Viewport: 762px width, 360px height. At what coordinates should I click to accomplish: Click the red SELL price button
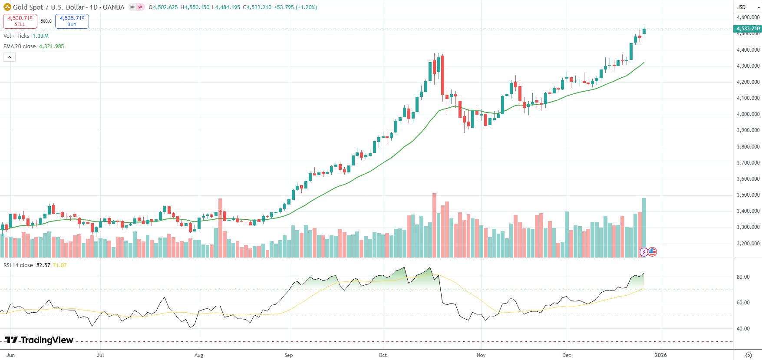click(x=20, y=21)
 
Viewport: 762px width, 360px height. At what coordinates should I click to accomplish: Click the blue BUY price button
click(x=72, y=21)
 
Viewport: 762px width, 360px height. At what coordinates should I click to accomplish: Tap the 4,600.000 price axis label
click(x=748, y=17)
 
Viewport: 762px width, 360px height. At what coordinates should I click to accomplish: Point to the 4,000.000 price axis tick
click(x=748, y=114)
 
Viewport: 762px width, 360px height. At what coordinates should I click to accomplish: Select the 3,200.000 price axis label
click(x=748, y=243)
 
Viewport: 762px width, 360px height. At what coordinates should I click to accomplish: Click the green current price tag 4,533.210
click(x=748, y=29)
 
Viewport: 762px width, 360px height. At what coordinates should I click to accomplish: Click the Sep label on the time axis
click(x=288, y=355)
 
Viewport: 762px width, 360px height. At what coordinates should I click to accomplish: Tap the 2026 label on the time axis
click(x=660, y=355)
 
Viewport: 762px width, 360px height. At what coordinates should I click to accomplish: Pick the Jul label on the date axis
click(x=100, y=355)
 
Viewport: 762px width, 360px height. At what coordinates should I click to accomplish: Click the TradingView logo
click(x=39, y=340)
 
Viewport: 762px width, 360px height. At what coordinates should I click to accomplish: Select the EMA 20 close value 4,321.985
click(x=51, y=46)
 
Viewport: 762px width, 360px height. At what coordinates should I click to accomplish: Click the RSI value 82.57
click(x=43, y=265)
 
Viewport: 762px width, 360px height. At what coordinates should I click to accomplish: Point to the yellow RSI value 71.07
click(x=60, y=265)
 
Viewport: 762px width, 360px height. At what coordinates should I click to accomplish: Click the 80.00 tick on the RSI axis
click(x=743, y=277)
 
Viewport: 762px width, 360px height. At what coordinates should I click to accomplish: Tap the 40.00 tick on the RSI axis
click(x=743, y=329)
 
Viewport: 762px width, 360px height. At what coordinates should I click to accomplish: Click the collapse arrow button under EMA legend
click(x=9, y=57)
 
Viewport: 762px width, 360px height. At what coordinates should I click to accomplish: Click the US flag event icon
click(x=652, y=252)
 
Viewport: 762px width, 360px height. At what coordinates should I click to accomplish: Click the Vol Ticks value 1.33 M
click(x=40, y=36)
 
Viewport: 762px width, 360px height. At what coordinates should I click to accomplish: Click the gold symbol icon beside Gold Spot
click(x=7, y=7)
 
